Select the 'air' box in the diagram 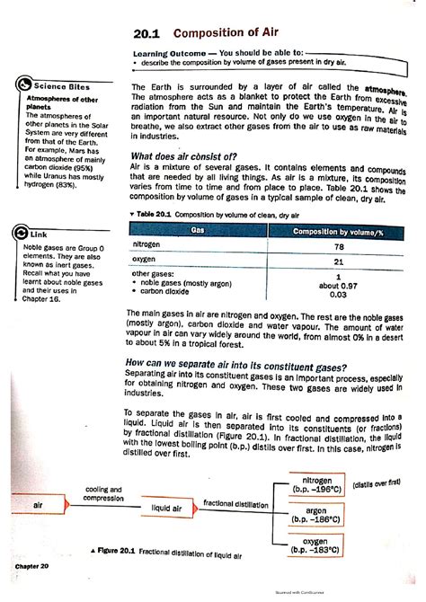(38, 506)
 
